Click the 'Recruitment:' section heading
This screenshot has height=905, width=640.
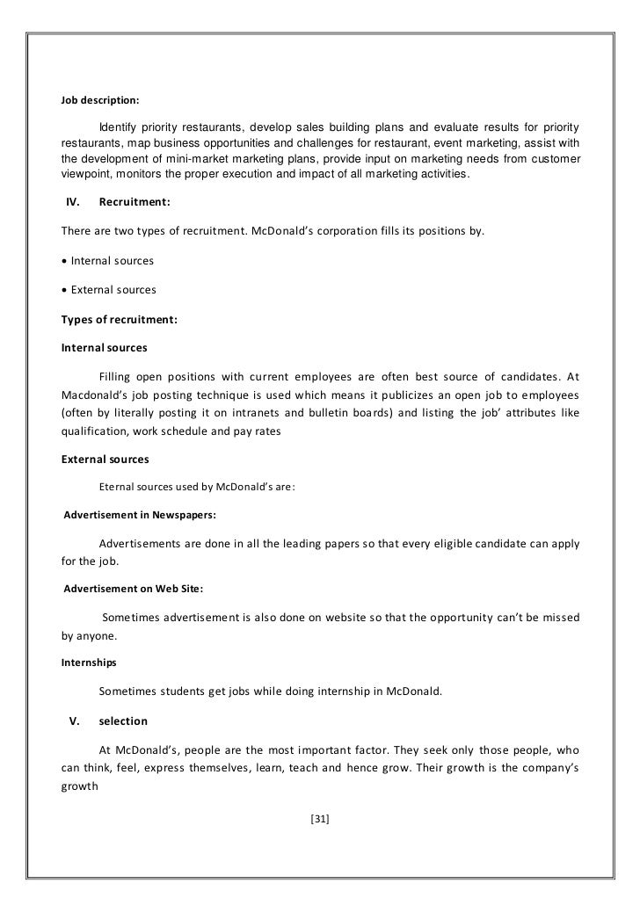coord(135,202)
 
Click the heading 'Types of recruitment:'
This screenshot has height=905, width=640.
coord(119,319)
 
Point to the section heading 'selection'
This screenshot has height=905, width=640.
coord(123,721)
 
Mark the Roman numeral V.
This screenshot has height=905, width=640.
coord(75,721)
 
